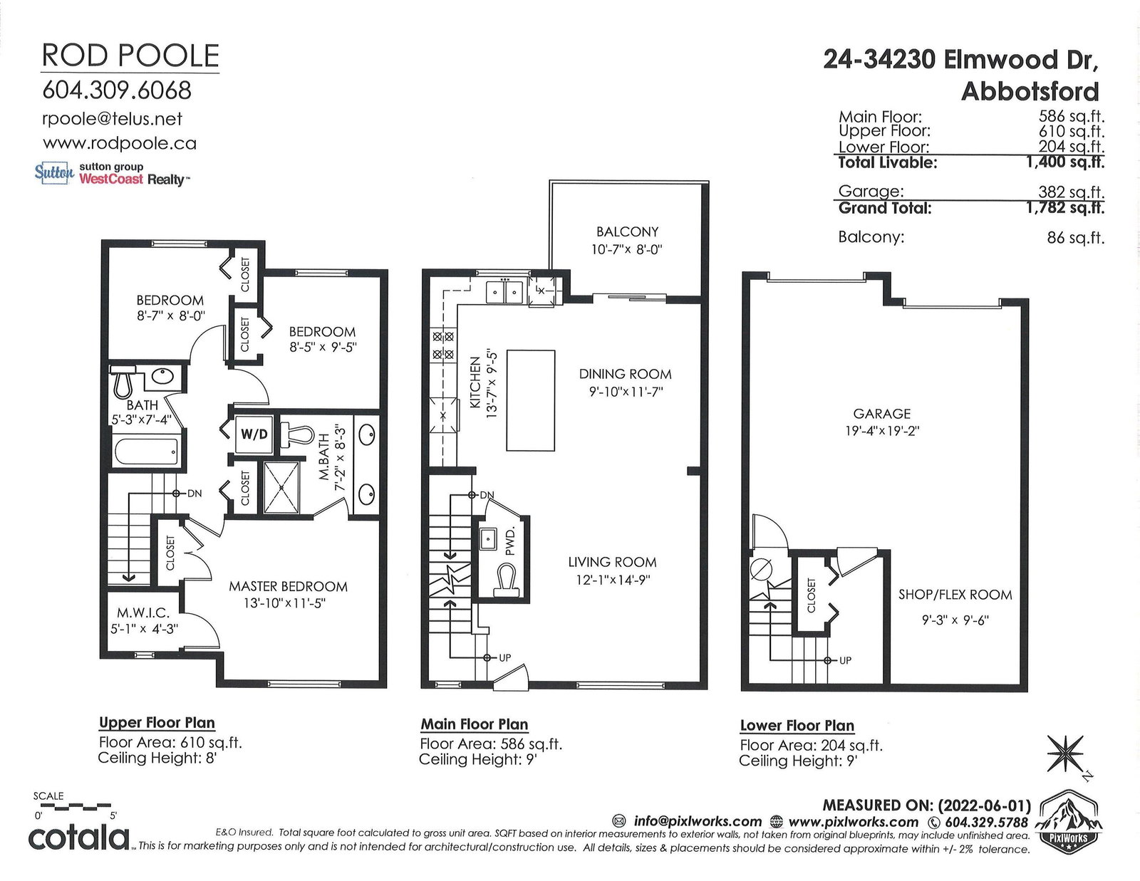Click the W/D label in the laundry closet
[254, 434]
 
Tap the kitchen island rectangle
[530, 401]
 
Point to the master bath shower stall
[282, 487]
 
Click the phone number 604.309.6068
[117, 90]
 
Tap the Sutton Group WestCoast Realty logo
[112, 174]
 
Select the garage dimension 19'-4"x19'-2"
[882, 431]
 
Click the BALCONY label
[627, 231]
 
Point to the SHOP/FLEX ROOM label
[955, 595]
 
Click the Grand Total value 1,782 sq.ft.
[1065, 208]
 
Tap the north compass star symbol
[1065, 754]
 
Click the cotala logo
[78, 838]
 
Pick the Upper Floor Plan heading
[157, 723]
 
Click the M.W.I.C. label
[142, 612]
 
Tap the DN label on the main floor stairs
[487, 495]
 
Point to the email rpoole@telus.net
[112, 119]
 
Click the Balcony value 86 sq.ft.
[1075, 238]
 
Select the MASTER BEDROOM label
[288, 586]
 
